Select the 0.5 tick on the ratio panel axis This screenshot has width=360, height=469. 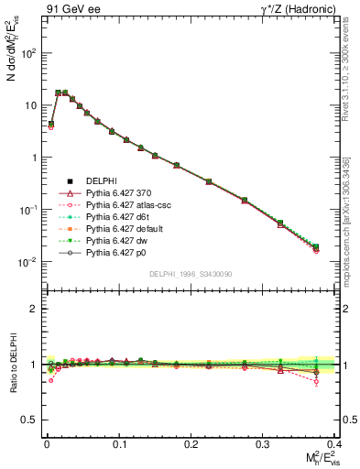click(x=27, y=420)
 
